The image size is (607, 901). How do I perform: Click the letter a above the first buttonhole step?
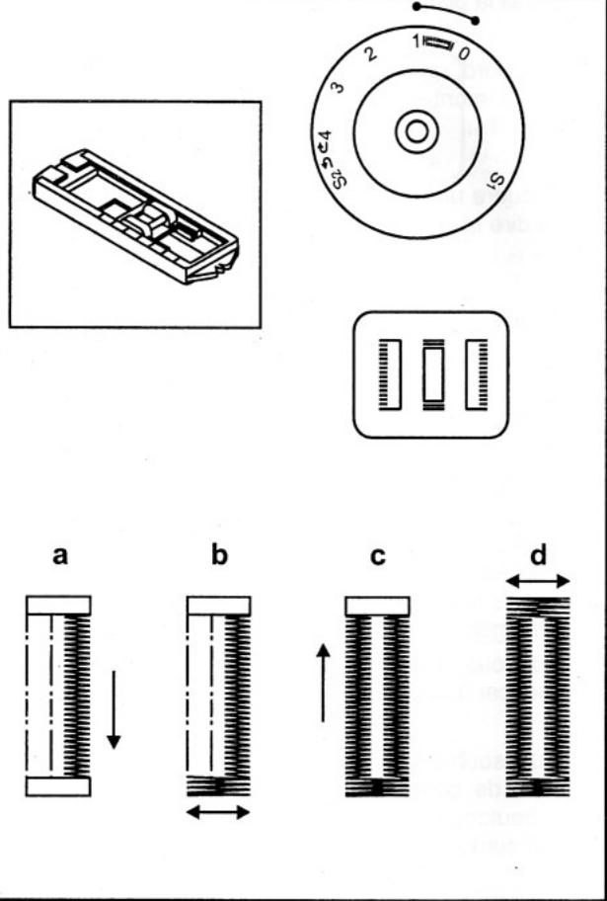click(60, 556)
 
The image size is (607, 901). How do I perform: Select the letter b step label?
click(219, 556)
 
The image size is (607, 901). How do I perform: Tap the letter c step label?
click(377, 556)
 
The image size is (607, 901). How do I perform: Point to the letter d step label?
click(538, 554)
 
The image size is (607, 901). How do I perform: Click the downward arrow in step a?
click(114, 709)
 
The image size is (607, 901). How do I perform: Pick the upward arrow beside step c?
click(323, 682)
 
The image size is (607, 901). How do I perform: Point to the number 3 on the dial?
click(338, 89)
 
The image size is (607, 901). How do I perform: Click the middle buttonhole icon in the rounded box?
click(431, 374)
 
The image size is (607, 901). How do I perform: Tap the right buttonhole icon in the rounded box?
click(476, 374)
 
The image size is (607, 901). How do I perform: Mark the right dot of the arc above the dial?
click(476, 20)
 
